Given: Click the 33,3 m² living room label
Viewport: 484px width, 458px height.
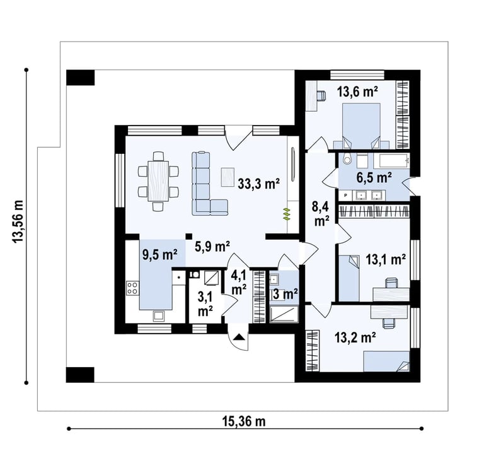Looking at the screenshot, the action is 258,184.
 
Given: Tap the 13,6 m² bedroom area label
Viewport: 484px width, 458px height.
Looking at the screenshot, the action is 357,91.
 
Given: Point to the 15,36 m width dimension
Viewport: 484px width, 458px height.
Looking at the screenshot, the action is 243,421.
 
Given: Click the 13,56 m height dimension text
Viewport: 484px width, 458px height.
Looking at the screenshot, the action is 18,221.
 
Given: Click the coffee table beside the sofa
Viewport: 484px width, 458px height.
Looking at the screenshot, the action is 228,177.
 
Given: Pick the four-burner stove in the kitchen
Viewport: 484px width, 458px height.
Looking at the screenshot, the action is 132,288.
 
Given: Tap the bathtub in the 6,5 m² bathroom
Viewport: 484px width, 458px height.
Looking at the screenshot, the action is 391,161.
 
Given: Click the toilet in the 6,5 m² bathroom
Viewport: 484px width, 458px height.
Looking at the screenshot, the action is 347,158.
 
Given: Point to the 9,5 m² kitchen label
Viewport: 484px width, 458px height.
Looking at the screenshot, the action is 159,255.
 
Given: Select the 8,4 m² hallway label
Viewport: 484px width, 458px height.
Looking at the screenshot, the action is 320,214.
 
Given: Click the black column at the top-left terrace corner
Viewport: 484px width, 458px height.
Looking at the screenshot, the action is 80,78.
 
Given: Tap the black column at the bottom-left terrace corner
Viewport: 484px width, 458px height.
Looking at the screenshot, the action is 80,375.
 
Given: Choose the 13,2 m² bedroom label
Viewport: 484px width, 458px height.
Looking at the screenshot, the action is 355,338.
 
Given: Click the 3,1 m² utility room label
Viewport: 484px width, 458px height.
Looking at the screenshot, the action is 205,305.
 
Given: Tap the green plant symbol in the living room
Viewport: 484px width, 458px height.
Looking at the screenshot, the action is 287,214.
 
